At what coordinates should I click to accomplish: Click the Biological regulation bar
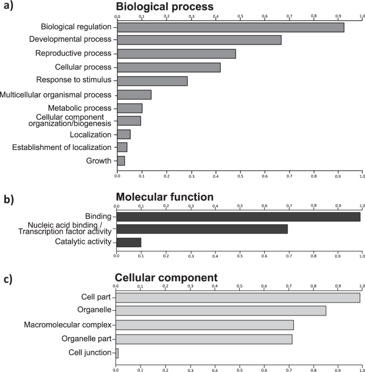click(x=230, y=27)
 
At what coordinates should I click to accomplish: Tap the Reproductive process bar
click(x=176, y=53)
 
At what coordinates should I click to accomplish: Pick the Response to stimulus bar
click(x=152, y=81)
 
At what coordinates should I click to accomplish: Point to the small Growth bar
click(x=121, y=161)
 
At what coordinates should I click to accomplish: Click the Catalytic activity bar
click(x=129, y=242)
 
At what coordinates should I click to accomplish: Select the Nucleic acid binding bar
click(x=202, y=229)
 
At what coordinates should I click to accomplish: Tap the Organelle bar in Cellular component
click(x=221, y=311)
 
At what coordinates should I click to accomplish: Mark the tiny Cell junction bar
click(x=117, y=353)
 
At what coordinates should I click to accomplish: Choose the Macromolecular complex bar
click(x=204, y=325)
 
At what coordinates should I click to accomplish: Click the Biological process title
click(x=164, y=7)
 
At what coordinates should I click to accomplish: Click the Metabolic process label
click(x=79, y=108)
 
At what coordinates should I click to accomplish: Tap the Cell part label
click(x=94, y=297)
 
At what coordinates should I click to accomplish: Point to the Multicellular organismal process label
click(x=56, y=94)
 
